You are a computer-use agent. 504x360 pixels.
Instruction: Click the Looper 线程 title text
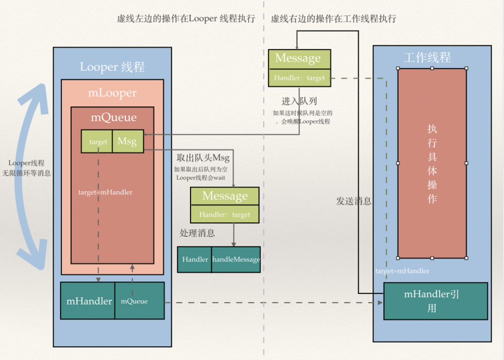coord(112,67)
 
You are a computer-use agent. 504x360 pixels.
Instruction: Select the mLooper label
coord(112,93)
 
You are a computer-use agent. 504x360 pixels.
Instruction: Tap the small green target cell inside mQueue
coord(98,142)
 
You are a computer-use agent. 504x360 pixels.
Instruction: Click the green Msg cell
coord(128,142)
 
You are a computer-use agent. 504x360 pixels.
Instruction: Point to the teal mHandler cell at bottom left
coord(89,301)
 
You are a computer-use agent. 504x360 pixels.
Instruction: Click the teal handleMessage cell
coord(236,259)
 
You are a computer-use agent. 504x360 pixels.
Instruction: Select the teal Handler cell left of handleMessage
coord(195,259)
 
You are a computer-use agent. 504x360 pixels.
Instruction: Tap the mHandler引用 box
coord(435,301)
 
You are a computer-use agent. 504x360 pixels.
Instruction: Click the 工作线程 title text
coord(427,57)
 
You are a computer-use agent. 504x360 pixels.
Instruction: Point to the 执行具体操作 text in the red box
coord(432,163)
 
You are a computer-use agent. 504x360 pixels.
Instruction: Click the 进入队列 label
coord(299,101)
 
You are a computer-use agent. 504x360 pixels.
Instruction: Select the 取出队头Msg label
coord(203,158)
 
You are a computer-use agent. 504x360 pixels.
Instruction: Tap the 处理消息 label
coord(197,233)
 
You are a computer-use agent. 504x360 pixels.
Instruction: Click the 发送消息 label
coord(354,201)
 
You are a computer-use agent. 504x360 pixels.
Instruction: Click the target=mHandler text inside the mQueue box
coord(105,192)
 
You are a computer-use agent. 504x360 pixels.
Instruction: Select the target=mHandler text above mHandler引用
coord(402,271)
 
